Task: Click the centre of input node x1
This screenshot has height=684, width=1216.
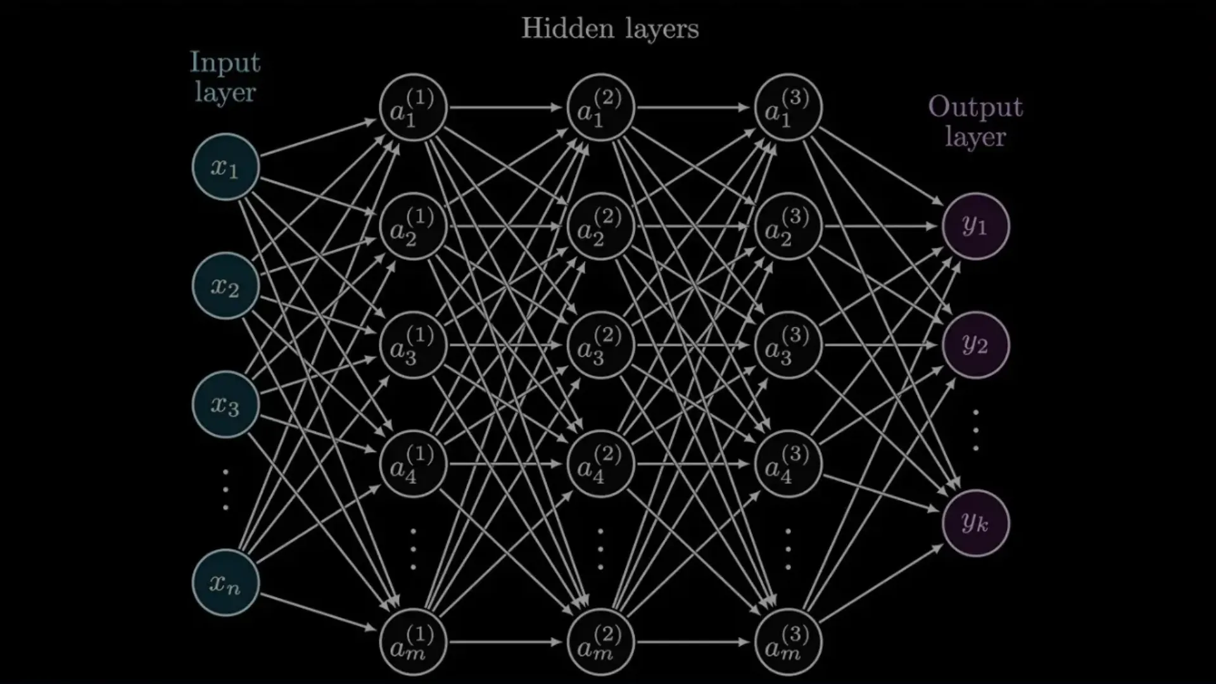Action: [x=225, y=167]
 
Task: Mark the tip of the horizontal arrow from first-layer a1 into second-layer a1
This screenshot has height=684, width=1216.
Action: [x=564, y=108]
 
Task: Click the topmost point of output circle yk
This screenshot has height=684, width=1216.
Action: [x=975, y=490]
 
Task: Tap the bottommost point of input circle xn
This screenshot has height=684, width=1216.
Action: [x=225, y=616]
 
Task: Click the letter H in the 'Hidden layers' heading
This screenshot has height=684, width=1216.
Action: [x=533, y=28]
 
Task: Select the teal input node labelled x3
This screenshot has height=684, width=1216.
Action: [x=225, y=405]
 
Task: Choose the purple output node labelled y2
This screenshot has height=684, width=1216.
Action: [x=975, y=345]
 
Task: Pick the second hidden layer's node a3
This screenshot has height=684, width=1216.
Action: [x=600, y=345]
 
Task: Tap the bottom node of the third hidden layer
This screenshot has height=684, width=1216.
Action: [x=788, y=642]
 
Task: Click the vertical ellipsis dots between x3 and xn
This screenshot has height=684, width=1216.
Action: [x=225, y=490]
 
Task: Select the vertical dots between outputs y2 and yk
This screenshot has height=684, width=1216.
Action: [x=975, y=431]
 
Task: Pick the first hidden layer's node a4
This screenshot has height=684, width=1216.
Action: [x=413, y=464]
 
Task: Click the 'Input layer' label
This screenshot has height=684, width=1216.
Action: [x=225, y=77]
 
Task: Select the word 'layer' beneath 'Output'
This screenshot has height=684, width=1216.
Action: [x=975, y=137]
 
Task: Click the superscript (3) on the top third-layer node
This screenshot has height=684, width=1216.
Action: [x=795, y=98]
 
